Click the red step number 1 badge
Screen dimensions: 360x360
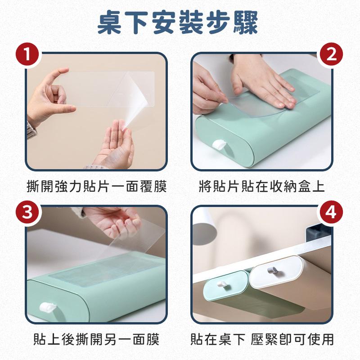click(27, 54)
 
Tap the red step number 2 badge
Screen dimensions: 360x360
click(331, 54)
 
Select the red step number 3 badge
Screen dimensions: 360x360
click(27, 212)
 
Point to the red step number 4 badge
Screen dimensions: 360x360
click(331, 212)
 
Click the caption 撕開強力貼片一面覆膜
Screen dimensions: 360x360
click(97, 186)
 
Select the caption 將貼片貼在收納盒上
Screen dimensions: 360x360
click(262, 186)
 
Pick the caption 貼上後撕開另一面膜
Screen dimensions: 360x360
click(96, 339)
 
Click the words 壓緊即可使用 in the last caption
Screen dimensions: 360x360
click(292, 339)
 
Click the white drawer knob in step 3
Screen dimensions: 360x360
click(47, 308)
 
